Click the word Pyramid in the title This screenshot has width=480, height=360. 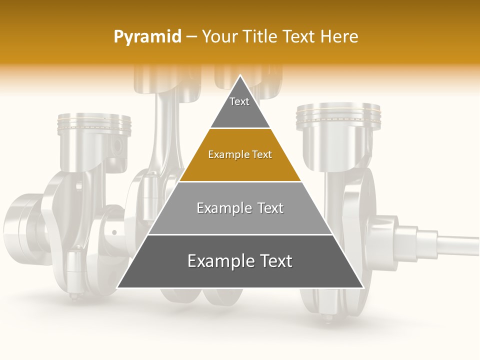147,37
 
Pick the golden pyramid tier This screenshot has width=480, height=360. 240,155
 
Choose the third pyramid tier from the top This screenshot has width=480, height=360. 240,208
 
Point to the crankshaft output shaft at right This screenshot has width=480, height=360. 457,244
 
